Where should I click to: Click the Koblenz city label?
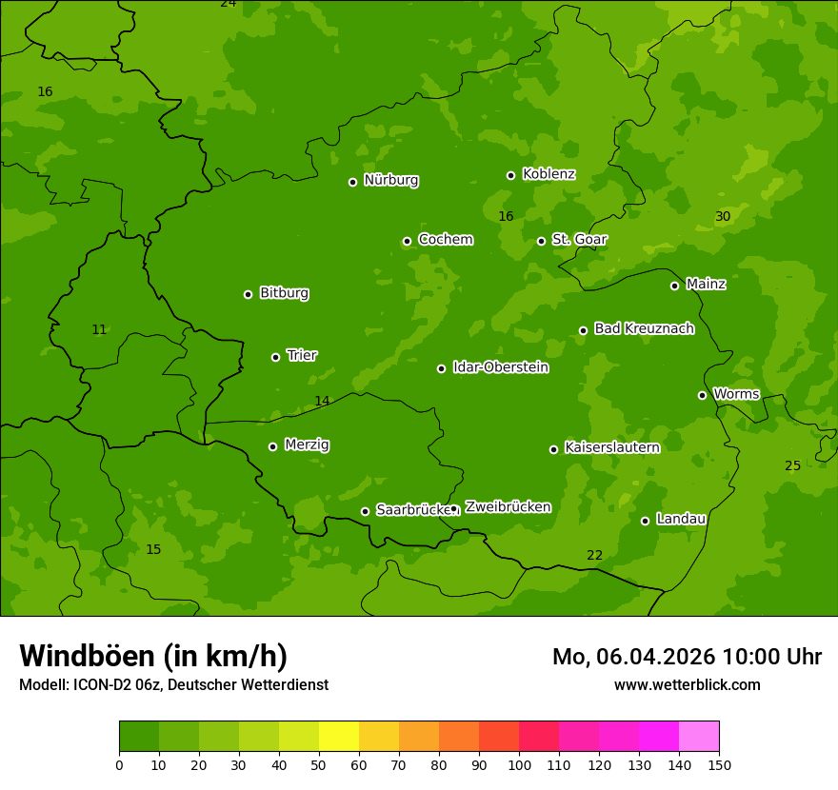tap(549, 174)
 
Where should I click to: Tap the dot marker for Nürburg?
tap(352, 182)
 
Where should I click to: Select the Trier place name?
tap(302, 355)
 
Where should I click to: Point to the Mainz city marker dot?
tap(674, 286)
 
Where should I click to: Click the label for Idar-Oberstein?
tap(500, 367)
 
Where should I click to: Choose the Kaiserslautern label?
tap(611, 447)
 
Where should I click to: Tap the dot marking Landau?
tap(645, 521)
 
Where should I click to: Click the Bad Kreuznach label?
tap(644, 328)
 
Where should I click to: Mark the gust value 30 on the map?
tap(723, 217)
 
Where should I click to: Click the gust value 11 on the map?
tap(99, 330)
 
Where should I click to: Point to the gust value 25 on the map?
tap(792, 466)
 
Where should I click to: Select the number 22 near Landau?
tap(594, 556)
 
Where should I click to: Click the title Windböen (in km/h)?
tap(153, 656)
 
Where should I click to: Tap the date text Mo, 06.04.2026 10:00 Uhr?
tap(687, 657)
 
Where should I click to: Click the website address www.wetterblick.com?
tap(687, 685)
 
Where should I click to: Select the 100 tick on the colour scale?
tap(519, 764)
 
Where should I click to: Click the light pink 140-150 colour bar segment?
tap(699, 737)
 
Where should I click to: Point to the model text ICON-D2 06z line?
tap(173, 685)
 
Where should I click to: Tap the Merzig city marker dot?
tap(272, 446)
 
